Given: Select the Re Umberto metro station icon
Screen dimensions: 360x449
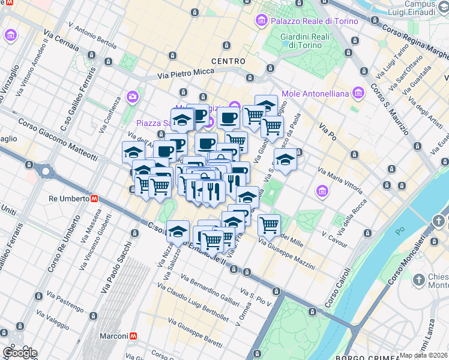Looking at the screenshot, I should pyautogui.click(x=94, y=199).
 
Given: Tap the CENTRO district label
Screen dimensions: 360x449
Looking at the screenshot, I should pyautogui.click(x=228, y=61).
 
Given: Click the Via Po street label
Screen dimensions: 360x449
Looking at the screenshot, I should pyautogui.click(x=328, y=131).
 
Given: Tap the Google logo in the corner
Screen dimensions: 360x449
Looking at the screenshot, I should pyautogui.click(x=19, y=352).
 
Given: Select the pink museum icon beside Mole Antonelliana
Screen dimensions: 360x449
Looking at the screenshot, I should pyautogui.click(x=358, y=93).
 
